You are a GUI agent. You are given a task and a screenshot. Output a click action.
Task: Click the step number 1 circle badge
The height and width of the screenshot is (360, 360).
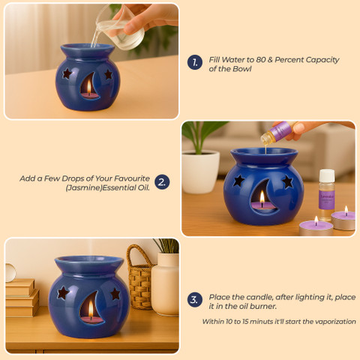pyautogui.click(x=195, y=62)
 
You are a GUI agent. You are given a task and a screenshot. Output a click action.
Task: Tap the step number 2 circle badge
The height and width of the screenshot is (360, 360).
pyautogui.click(x=162, y=181)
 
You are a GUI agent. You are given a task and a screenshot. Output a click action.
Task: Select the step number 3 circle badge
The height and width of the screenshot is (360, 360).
pyautogui.click(x=195, y=300)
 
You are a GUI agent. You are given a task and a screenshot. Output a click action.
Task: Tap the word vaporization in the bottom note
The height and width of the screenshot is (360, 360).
pyautogui.click(x=335, y=322)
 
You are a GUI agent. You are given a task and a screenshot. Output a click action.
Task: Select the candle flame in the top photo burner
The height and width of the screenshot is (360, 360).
pyautogui.click(x=89, y=85)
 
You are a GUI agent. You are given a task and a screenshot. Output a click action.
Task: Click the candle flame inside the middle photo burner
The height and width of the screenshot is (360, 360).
pyautogui.click(x=262, y=197)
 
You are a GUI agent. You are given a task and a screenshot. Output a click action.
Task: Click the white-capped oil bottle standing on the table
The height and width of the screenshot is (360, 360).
pyautogui.click(x=326, y=195)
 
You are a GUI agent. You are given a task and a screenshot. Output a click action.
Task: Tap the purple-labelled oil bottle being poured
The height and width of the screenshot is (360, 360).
pyautogui.click(x=278, y=133)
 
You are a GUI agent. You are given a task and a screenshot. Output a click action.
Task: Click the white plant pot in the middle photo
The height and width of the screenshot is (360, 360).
pyautogui.click(x=200, y=172)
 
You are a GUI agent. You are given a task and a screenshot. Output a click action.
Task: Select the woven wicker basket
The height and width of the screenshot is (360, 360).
pyautogui.click(x=140, y=277)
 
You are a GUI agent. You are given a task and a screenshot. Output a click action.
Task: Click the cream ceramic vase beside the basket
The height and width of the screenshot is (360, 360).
pyautogui.click(x=165, y=283)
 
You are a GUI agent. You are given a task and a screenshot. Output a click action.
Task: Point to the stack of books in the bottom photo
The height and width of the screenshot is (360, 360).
pyautogui.click(x=22, y=298)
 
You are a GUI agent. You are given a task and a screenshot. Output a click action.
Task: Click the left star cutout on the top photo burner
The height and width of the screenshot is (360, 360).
pyautogui.click(x=67, y=73)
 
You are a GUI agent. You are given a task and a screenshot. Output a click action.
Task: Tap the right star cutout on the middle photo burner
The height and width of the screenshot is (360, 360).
pyautogui.click(x=287, y=181)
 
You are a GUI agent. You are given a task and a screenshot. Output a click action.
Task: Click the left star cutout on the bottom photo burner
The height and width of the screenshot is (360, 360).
pyautogui.click(x=63, y=292)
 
